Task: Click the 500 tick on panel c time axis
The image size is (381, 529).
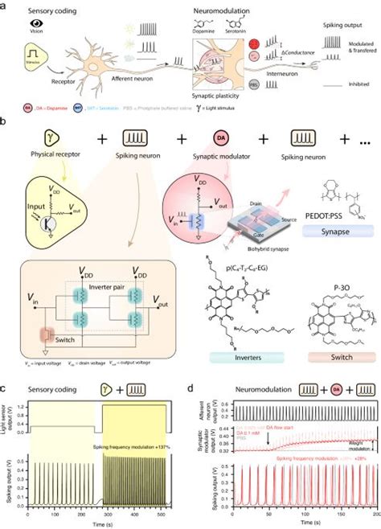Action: (166, 516)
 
